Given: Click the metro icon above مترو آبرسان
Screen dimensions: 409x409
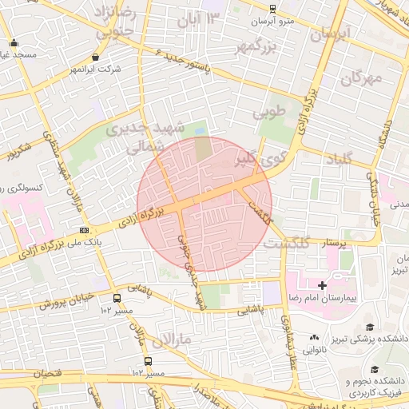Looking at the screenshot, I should tap(272, 9).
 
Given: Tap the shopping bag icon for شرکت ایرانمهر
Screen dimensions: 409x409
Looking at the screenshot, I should tap(97, 58).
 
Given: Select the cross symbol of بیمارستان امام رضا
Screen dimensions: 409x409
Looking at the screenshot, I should tap(323, 285).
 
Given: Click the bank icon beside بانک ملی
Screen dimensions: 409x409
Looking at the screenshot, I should tap(84, 231).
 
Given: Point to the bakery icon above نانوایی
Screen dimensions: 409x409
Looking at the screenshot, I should tap(315, 337).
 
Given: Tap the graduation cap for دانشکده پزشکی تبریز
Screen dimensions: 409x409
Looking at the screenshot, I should tap(369, 327).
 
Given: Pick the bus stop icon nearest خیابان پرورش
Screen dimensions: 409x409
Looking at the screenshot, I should tap(117, 299).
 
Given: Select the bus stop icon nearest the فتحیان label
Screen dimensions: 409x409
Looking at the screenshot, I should tap(147, 361).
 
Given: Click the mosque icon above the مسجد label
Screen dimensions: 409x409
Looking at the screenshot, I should tap(14, 42).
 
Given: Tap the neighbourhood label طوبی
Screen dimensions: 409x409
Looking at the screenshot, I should tap(269, 113).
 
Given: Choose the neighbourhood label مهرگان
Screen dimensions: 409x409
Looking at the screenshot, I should tap(363, 78).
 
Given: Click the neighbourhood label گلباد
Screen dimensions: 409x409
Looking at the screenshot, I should tap(340, 160).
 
